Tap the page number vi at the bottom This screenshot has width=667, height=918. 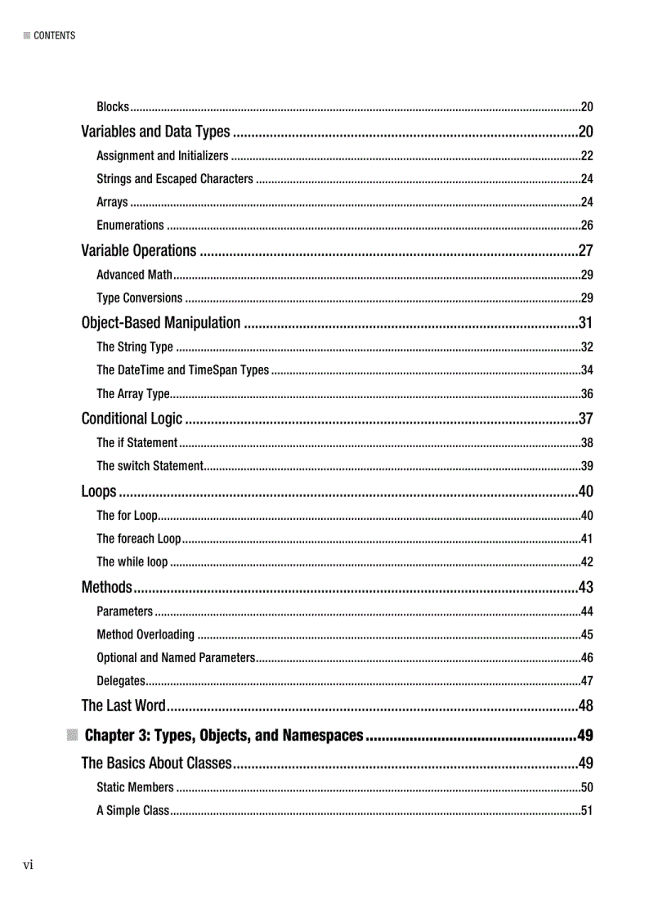pos(28,865)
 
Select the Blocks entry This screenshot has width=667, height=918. pos(113,107)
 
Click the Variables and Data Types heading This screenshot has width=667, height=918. pos(155,132)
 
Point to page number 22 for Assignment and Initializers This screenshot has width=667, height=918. pos(586,155)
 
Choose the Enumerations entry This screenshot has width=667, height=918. pos(130,225)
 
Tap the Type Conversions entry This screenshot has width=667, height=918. pos(139,298)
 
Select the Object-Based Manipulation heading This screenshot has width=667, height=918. pos(161,323)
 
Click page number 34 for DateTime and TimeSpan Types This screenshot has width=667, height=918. pos(586,370)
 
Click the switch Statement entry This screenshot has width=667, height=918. pos(150,466)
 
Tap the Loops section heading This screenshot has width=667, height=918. pos(99,491)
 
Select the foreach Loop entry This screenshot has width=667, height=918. pos(138,539)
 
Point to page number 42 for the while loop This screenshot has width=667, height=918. pos(586,562)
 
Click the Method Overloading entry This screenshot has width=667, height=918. pos(145,634)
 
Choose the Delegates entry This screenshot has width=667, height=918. pos(121,681)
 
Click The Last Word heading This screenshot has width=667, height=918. pos(123,705)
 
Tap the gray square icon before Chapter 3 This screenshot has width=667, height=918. pos(73,735)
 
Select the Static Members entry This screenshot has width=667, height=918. pos(135,788)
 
